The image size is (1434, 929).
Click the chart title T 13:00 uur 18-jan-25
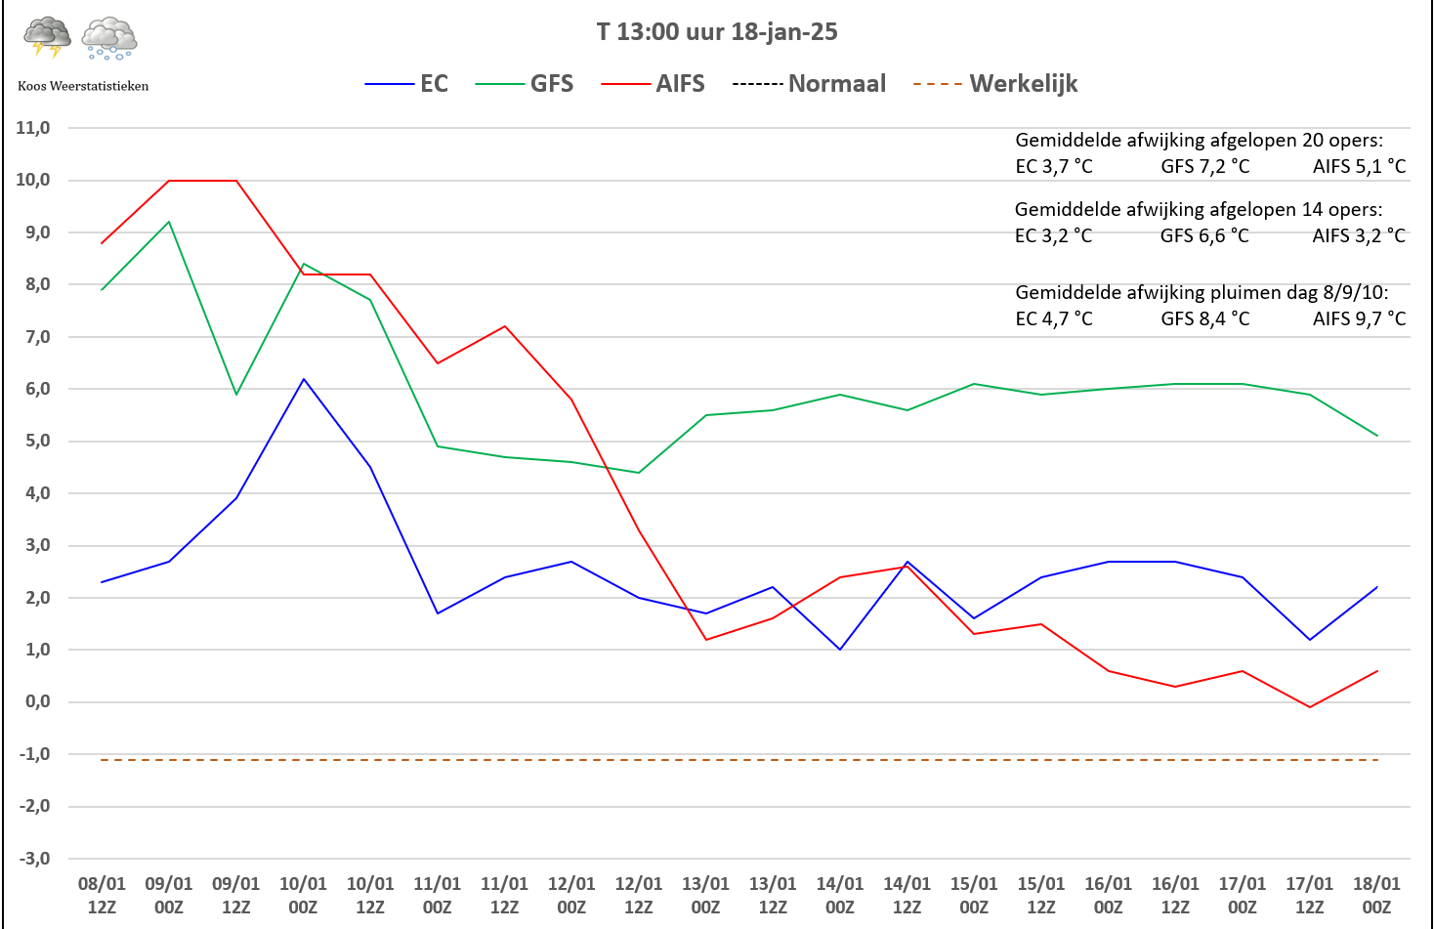click(717, 32)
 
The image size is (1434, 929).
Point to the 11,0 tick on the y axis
click(33, 128)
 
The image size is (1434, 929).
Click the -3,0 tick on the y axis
click(33, 859)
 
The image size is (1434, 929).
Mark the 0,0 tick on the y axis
click(35, 701)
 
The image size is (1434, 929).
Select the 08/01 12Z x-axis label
click(102, 895)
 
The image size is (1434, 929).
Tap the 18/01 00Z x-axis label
click(1376, 895)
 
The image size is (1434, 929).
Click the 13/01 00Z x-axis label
click(705, 895)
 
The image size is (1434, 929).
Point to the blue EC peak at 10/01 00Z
click(304, 379)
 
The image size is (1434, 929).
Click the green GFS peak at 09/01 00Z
click(169, 222)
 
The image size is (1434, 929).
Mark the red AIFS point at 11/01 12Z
click(505, 326)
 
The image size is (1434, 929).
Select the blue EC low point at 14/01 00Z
click(840, 650)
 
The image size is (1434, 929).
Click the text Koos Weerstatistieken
click(83, 86)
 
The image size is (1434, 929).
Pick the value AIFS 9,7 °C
click(1359, 318)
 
